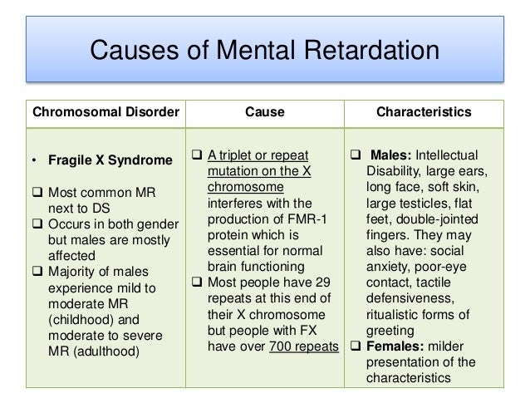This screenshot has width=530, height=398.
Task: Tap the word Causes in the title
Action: click(x=137, y=53)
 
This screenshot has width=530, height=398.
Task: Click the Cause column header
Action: click(x=264, y=111)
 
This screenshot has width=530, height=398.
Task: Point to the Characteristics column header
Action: click(x=424, y=111)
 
